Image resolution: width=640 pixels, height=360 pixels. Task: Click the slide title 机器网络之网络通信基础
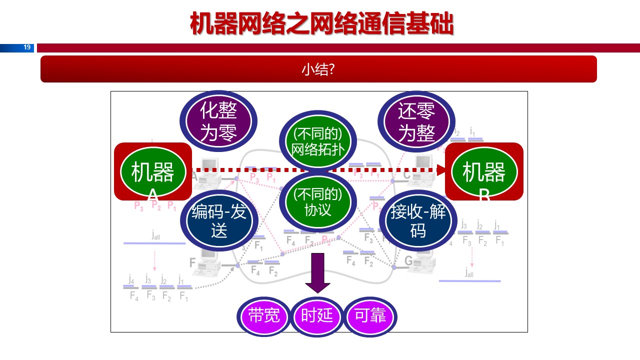tap(321, 23)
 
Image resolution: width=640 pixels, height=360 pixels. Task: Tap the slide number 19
tap(27, 47)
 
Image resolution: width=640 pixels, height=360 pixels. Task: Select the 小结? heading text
tap(318, 69)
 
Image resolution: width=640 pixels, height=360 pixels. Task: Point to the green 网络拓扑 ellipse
tap(317, 141)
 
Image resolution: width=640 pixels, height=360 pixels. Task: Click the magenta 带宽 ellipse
tap(263, 316)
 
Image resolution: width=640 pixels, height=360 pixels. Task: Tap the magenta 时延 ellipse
tap(317, 316)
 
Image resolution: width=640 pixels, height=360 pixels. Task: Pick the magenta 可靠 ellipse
tap(370, 316)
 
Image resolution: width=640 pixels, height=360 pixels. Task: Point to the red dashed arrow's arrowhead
tap(441, 170)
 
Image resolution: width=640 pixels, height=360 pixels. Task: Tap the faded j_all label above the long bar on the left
tap(156, 235)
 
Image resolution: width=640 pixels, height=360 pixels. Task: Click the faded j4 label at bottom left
tap(131, 279)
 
